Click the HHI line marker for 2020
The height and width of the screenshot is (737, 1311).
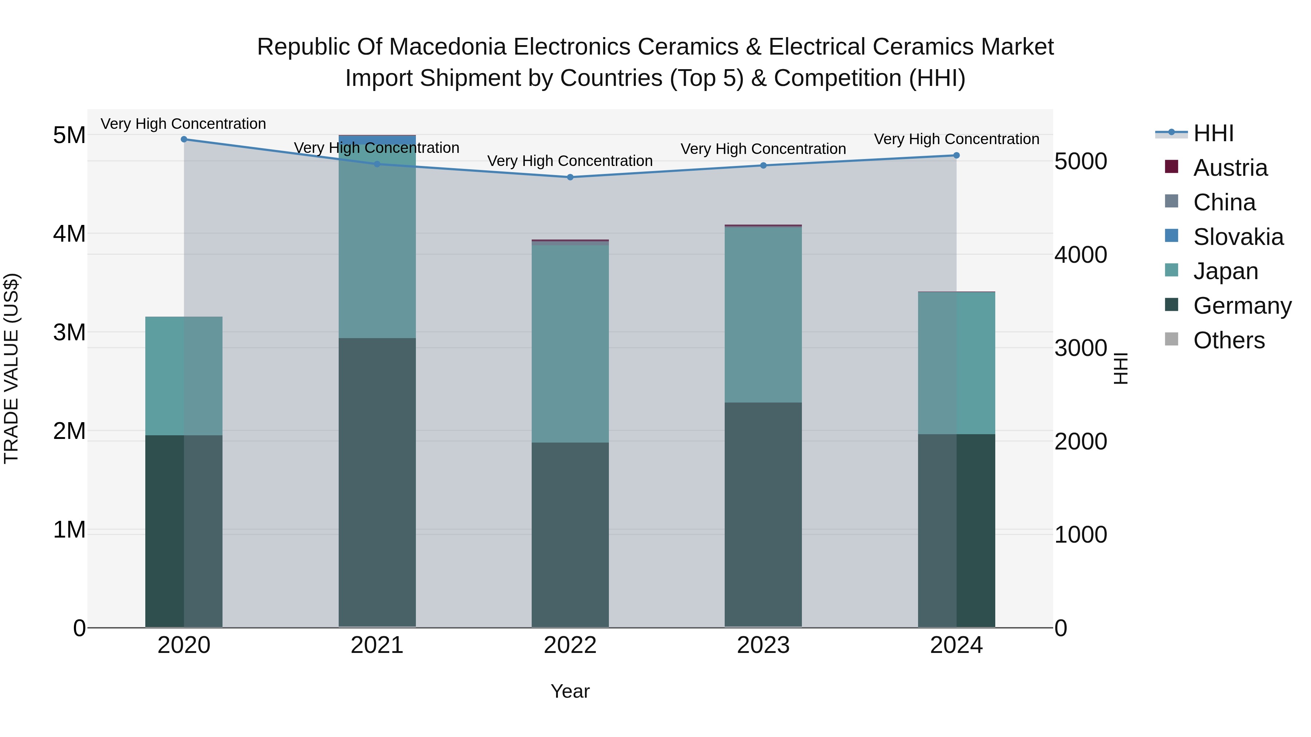184,139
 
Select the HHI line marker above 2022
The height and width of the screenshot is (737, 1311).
570,177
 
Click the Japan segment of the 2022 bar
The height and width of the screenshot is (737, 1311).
570,343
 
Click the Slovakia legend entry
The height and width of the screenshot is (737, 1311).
1238,237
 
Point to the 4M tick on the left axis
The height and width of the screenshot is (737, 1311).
69,234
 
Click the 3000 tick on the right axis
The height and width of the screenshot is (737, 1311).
1080,348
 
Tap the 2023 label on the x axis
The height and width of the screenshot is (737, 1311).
763,645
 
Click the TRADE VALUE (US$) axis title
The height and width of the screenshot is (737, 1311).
11,368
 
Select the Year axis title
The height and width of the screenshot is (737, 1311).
570,691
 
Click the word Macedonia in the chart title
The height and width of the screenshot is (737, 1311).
448,47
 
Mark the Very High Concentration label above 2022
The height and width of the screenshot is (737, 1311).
570,161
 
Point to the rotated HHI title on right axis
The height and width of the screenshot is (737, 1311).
1121,368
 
